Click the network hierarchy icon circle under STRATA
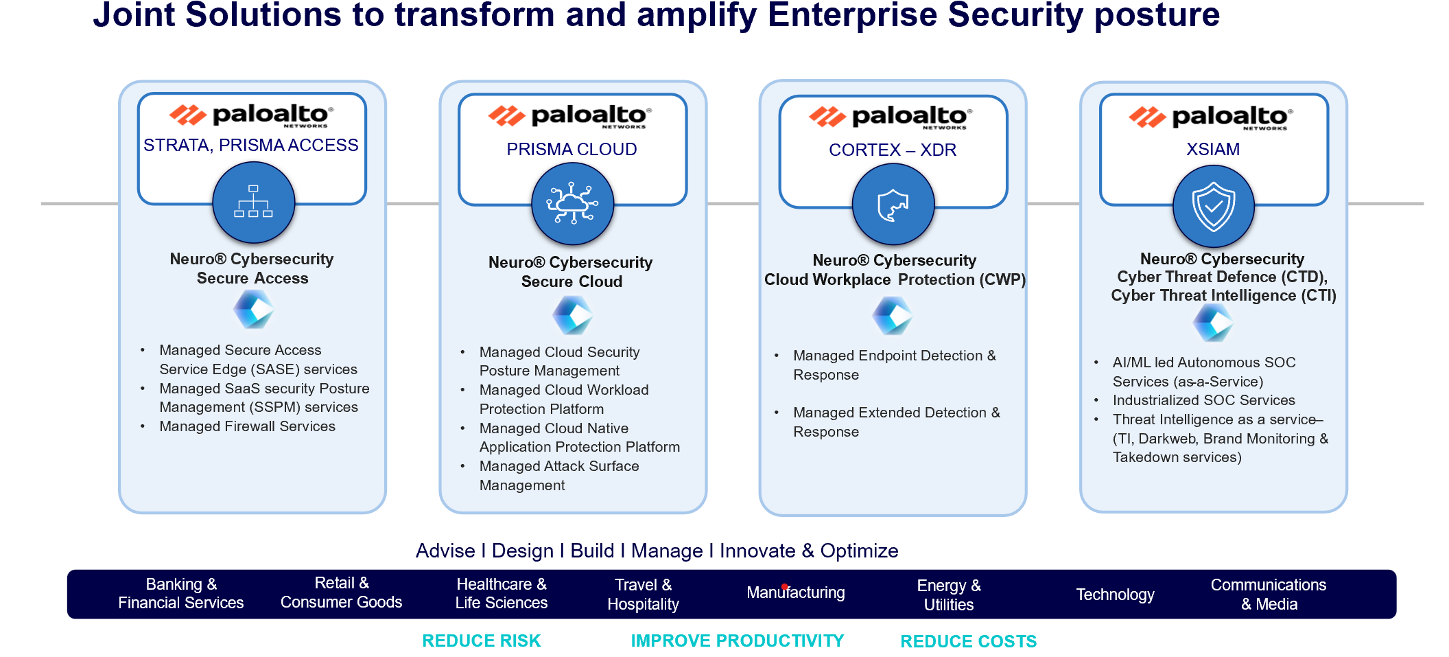tap(253, 203)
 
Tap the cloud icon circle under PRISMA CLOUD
tap(572, 204)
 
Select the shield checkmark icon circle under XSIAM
tap(1213, 206)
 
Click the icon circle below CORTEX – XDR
tap(893, 205)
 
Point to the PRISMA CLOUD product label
tap(572, 150)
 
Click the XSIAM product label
tap(1213, 150)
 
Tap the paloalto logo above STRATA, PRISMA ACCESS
tap(252, 115)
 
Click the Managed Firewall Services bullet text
tap(247, 426)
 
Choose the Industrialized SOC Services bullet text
tap(1203, 400)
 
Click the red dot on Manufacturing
tap(785, 587)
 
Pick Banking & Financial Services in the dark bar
tap(180, 593)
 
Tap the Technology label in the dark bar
tap(1115, 595)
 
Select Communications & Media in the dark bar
tap(1268, 595)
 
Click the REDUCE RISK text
tap(481, 641)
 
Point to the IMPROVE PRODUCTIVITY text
tap(737, 641)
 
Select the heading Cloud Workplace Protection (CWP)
tap(895, 279)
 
